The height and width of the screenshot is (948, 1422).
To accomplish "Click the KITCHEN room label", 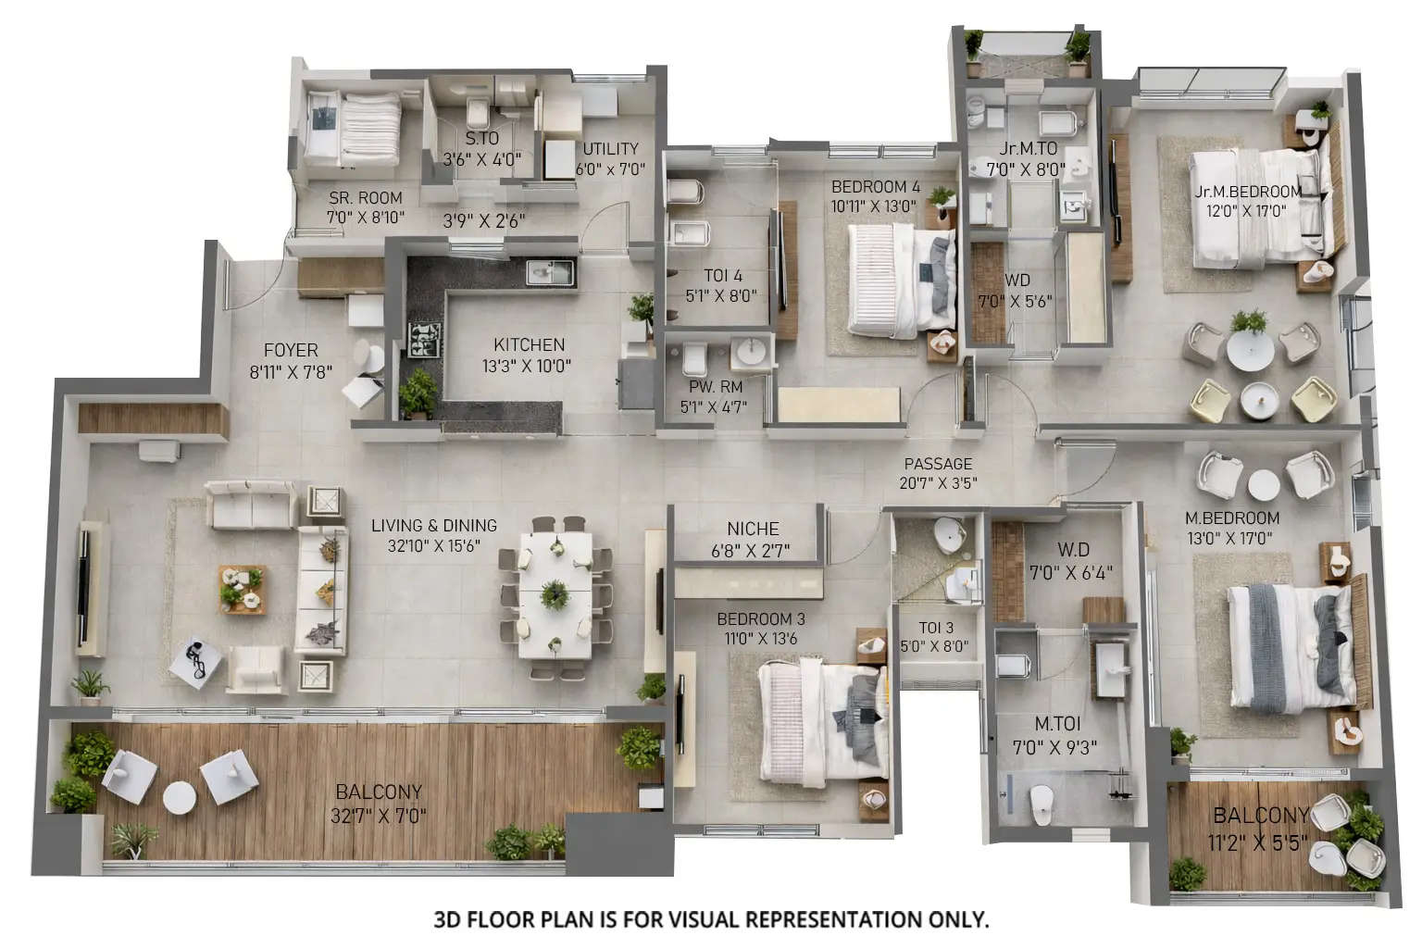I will pyautogui.click(x=529, y=344).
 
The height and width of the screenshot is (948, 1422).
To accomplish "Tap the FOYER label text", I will pyautogui.click(x=291, y=350).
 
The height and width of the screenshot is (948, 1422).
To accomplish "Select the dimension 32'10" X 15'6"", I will pyautogui.click(x=434, y=546).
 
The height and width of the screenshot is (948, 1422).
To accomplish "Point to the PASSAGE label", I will pyautogui.click(x=938, y=464).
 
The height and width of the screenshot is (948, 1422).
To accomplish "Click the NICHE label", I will pyautogui.click(x=753, y=529).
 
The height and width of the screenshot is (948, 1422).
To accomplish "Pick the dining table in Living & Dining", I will pyautogui.click(x=555, y=593).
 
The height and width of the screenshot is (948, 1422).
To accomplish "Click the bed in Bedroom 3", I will pyautogui.click(x=820, y=717).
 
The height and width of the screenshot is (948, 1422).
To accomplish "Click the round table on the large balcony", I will pyautogui.click(x=179, y=797).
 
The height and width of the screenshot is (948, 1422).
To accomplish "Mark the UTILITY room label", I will pyautogui.click(x=611, y=148).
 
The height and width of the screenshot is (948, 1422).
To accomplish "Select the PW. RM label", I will pyautogui.click(x=715, y=387).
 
